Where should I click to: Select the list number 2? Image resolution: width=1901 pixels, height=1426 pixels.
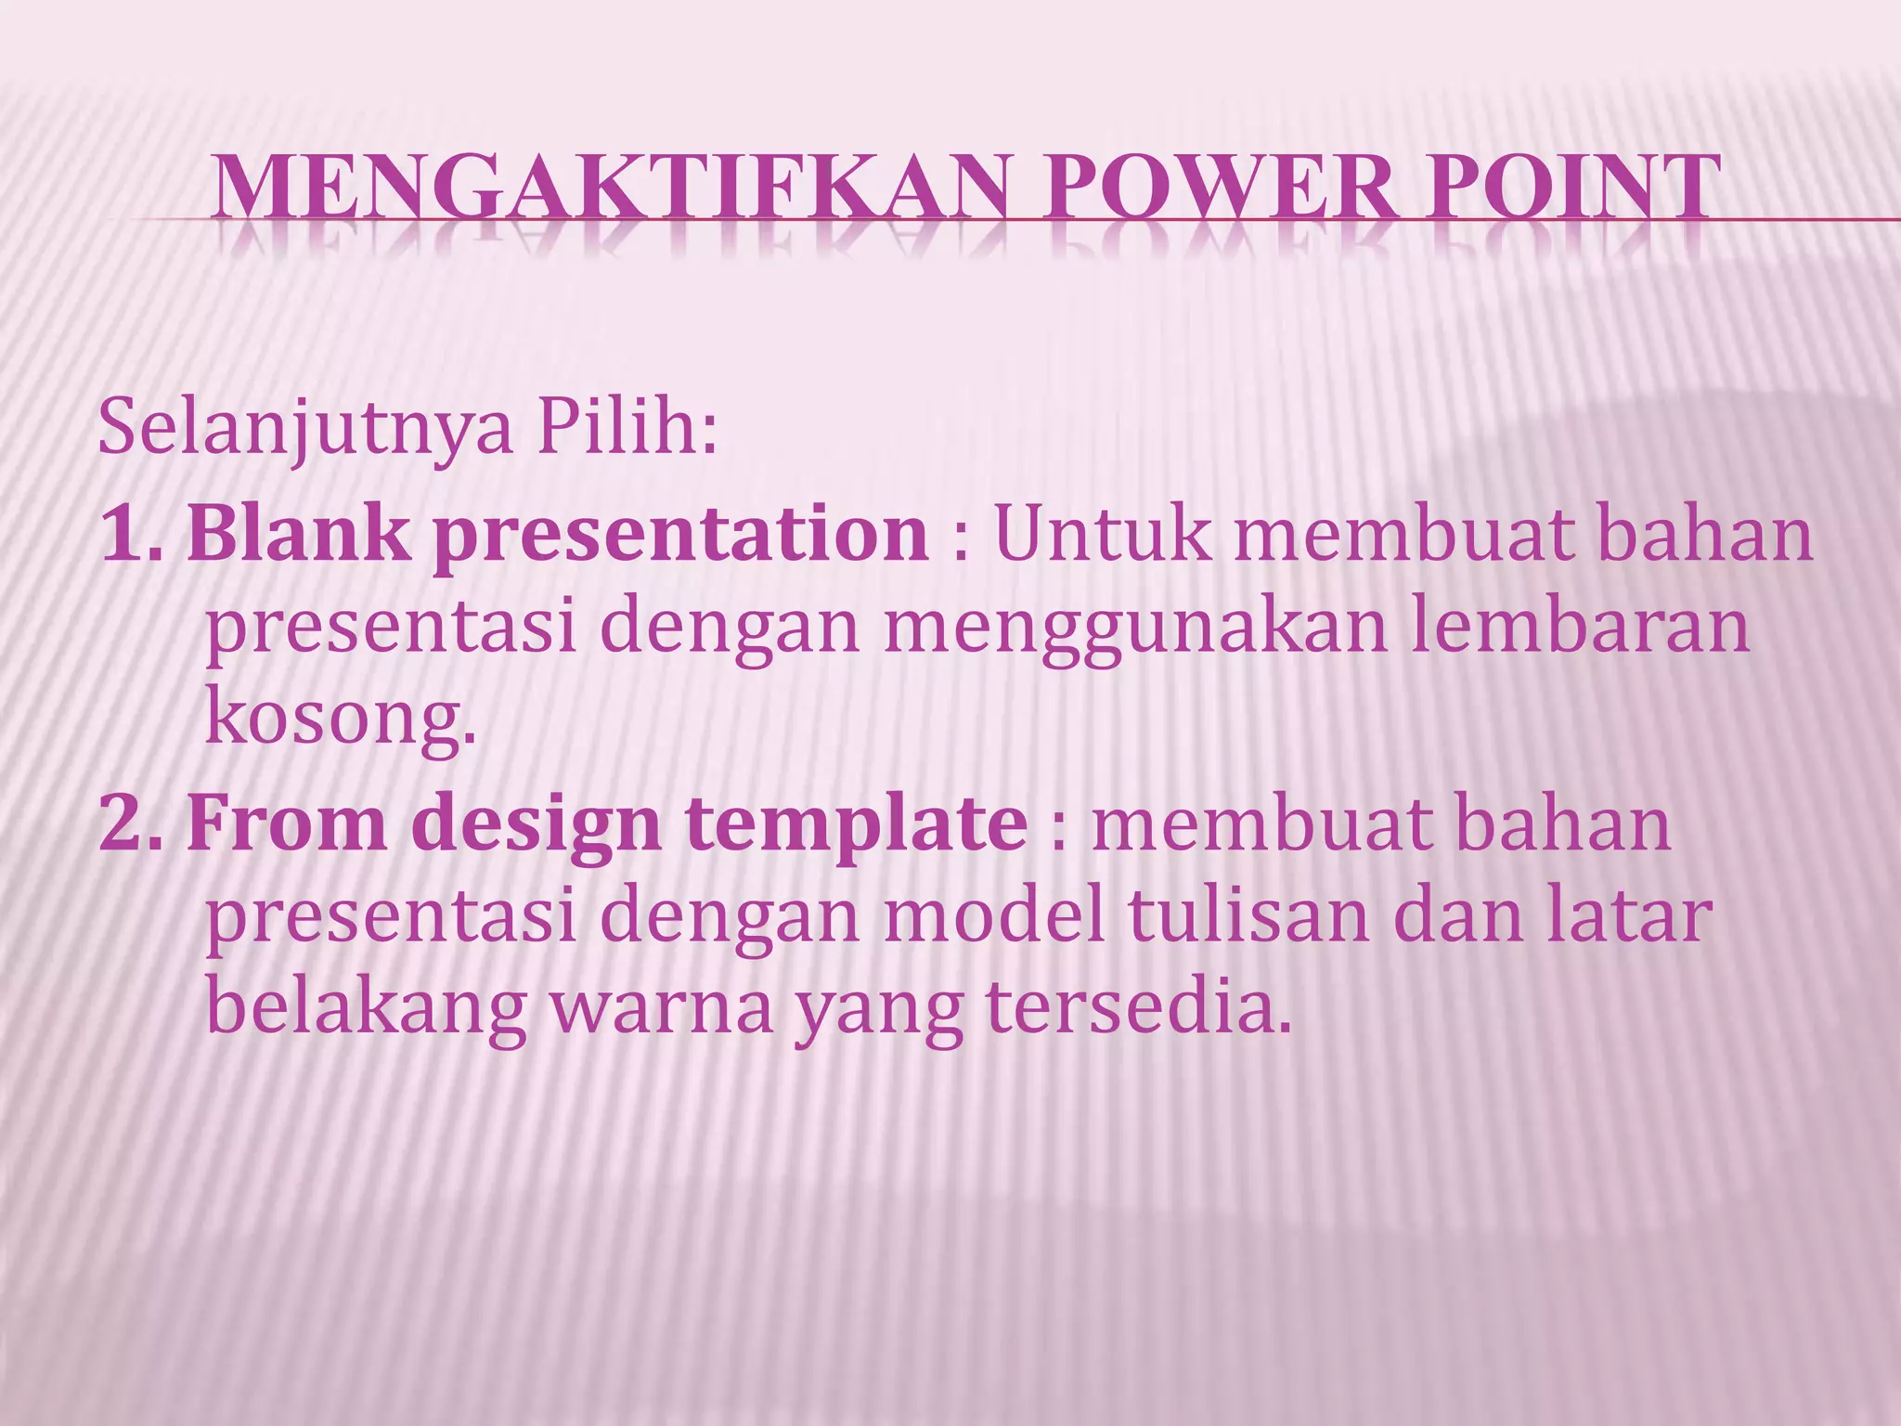pyautogui.click(x=130, y=823)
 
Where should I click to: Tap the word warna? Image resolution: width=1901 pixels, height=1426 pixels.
pyautogui.click(x=661, y=1009)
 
